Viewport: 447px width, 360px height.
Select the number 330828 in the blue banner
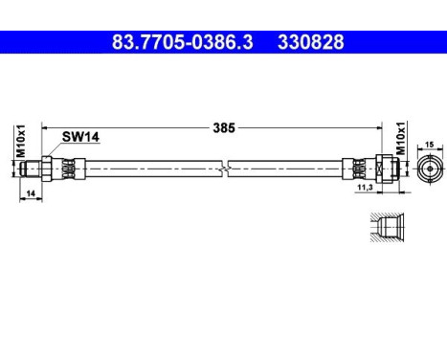coord(311,42)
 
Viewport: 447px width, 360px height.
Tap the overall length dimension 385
coord(224,126)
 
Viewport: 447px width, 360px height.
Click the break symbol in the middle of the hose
coord(223,168)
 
